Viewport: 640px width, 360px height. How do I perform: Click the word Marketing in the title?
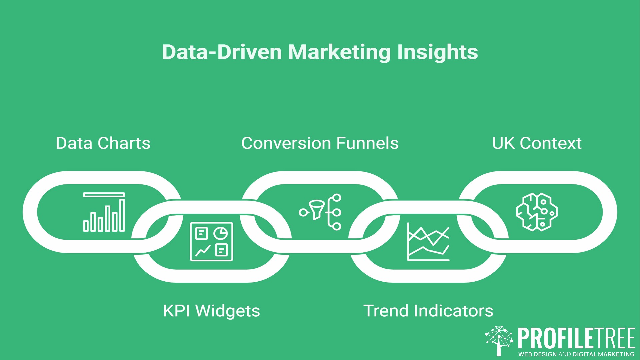coord(339,52)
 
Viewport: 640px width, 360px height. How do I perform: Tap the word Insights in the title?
coord(437,52)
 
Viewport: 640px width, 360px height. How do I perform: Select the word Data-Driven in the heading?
coord(222,52)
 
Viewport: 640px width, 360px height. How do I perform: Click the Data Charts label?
coord(103,143)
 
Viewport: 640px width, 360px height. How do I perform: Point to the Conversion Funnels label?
coord(320,143)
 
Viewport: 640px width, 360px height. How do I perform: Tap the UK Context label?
coord(537,143)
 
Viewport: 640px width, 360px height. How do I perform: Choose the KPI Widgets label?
coord(211,311)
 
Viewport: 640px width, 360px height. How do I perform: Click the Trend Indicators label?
coord(428,311)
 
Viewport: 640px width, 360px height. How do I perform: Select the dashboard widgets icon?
coord(211,241)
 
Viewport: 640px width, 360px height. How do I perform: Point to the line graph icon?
coord(428,242)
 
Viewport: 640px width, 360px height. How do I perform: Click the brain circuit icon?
coord(537,212)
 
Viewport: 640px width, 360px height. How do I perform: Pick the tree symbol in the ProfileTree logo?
coord(499,340)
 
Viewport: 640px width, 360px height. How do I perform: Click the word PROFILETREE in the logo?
coord(576,338)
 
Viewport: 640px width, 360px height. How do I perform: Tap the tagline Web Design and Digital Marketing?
coord(576,354)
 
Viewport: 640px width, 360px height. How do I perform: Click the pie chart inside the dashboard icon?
coord(221,233)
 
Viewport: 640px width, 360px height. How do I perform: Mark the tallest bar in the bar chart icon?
coord(122,215)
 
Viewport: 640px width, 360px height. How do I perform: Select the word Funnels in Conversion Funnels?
coord(367,143)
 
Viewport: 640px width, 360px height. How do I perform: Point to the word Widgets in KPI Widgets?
coord(227,311)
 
